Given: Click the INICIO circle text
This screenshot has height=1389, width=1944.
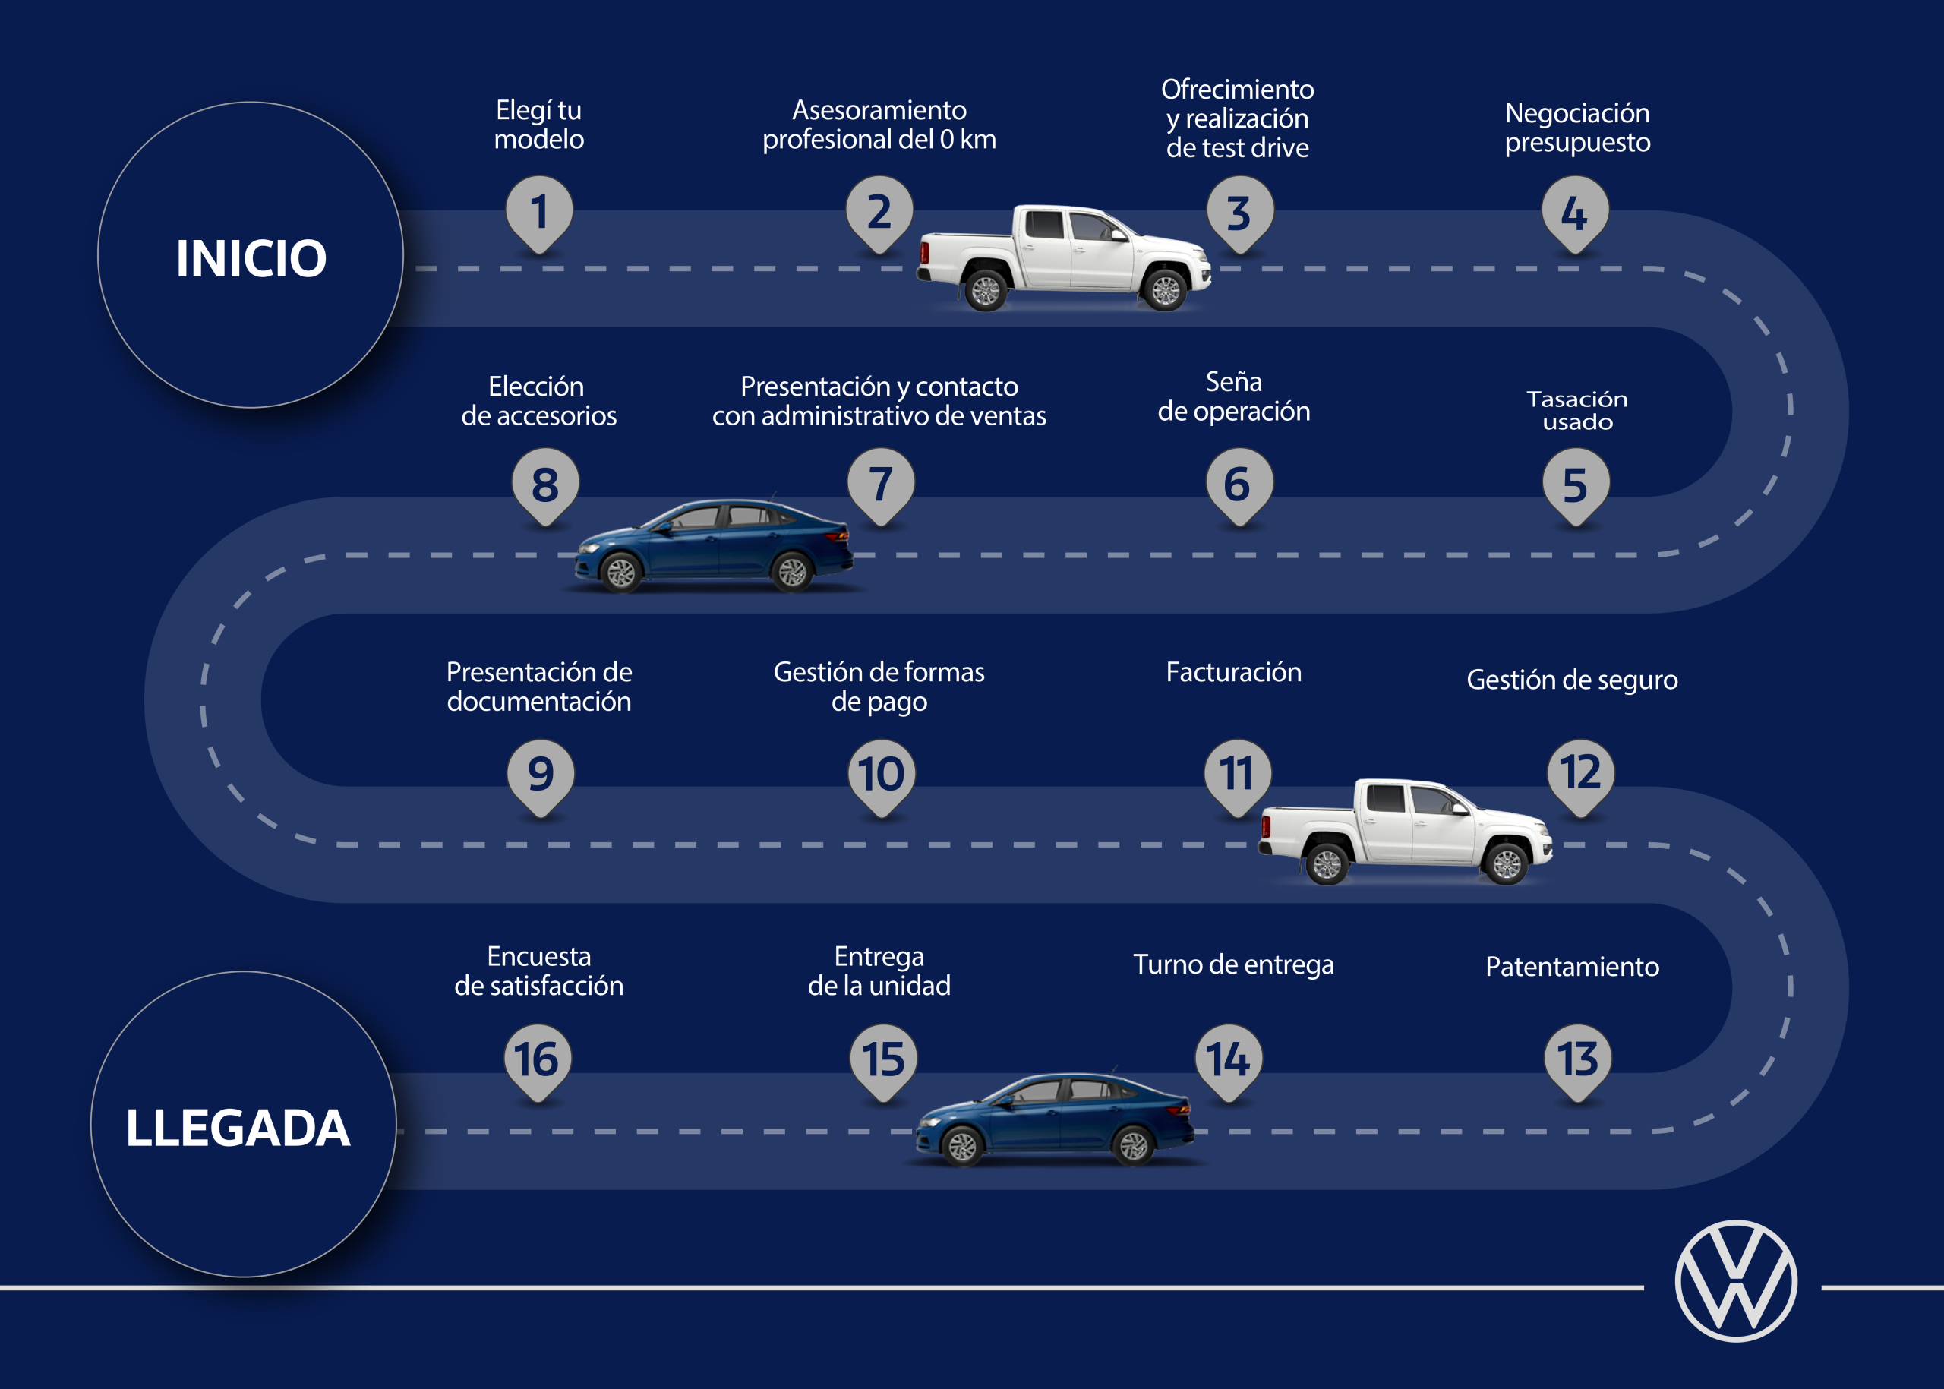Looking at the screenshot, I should click(251, 257).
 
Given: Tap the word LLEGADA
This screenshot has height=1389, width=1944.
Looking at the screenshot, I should click(238, 1127).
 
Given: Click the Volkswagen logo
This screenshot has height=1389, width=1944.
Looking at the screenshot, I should click(1735, 1280).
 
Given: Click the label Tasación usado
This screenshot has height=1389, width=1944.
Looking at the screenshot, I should click(1577, 409).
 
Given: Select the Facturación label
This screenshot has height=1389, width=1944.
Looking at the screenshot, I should click(1233, 672).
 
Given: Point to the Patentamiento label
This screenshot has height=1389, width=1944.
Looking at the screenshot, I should click(1572, 967).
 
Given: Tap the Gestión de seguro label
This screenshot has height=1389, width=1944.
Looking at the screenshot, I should click(1572, 680).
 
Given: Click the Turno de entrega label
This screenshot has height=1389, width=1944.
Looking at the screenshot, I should click(1233, 964).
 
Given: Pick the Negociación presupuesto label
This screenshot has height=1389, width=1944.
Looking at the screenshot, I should click(1577, 128).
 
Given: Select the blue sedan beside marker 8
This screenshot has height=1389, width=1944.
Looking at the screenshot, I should click(714, 547).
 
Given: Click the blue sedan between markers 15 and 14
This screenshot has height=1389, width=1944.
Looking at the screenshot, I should click(1055, 1119).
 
